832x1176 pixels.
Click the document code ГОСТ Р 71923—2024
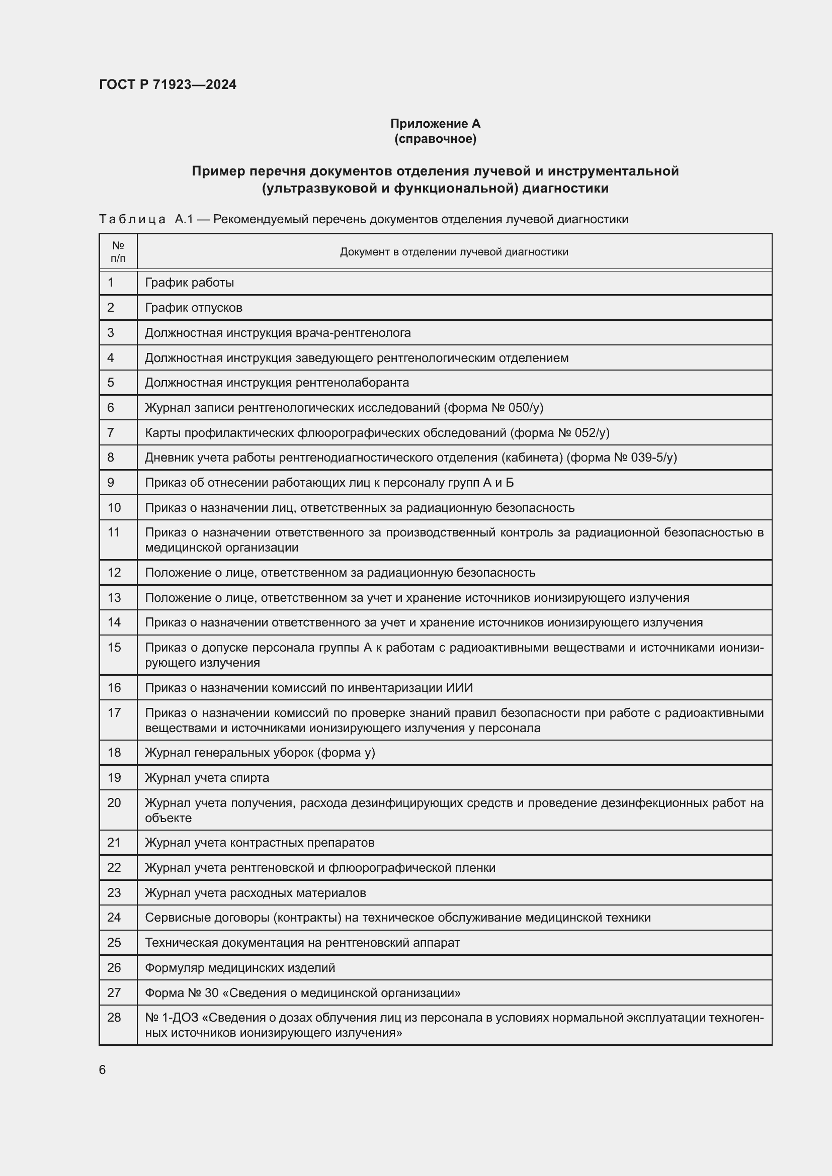point(168,85)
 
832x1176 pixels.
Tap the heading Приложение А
point(435,124)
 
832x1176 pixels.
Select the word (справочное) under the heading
point(435,139)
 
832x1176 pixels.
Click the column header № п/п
point(118,251)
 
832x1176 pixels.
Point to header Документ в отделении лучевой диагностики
point(454,252)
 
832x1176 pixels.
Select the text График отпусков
point(193,308)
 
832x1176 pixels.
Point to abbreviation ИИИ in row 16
point(459,688)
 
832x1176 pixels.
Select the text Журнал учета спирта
point(206,778)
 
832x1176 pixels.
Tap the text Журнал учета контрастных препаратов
point(259,843)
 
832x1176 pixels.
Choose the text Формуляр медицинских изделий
point(240,968)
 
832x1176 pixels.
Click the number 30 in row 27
point(212,993)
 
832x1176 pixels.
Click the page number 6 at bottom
point(103,1070)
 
